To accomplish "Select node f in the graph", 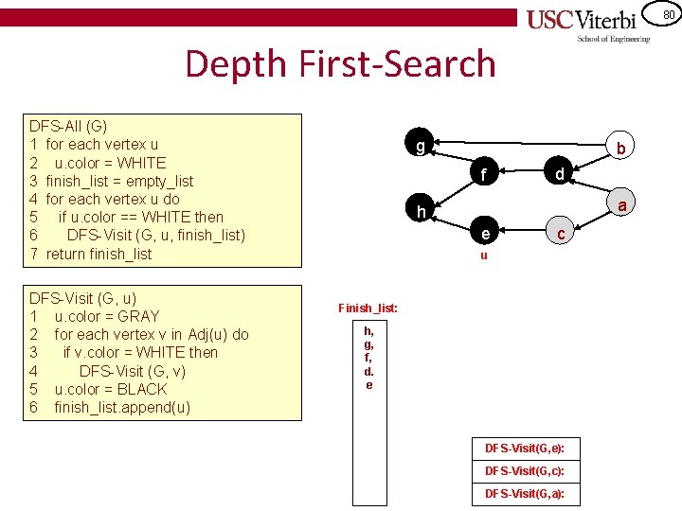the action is click(484, 174).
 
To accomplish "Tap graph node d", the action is click(560, 173).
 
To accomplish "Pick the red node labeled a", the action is click(622, 205).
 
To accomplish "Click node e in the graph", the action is click(484, 233).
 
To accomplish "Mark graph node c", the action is click(561, 233).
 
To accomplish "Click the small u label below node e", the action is click(484, 255).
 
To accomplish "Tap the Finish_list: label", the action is click(368, 308).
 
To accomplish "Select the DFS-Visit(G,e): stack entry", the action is click(525, 447).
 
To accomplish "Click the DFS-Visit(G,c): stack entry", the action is click(525, 470).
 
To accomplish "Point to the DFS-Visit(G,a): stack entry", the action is click(525, 494).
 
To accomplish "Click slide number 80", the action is click(669, 14).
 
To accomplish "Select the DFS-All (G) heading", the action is click(68, 125).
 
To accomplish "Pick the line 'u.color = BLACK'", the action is click(110, 389).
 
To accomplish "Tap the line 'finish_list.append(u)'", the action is click(122, 407).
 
